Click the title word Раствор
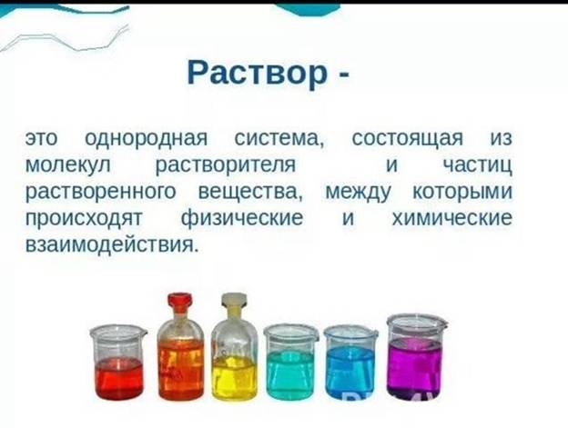[257, 74]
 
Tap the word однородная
[146, 139]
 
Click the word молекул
[67, 165]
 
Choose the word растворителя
[226, 166]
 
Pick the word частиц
[478, 166]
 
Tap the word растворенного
[100, 193]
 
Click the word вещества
[250, 193]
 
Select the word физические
[241, 219]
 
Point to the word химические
[452, 219]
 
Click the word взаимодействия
[112, 245]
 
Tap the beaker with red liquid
[118, 362]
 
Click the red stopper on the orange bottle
[179, 302]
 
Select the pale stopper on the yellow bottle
[234, 302]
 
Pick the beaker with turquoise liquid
[291, 362]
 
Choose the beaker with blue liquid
[350, 362]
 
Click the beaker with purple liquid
[417, 356]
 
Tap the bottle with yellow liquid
[234, 347]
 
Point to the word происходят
[84, 219]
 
